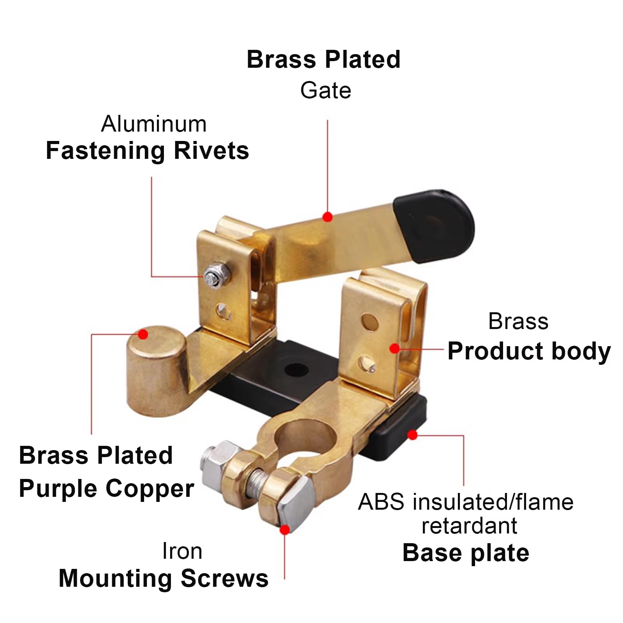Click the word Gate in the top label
coord(326,91)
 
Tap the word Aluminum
coord(154,124)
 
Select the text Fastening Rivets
coord(147,151)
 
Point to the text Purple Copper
coord(106,488)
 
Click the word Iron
coord(182,551)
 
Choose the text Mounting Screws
coord(164,578)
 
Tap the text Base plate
coord(466,553)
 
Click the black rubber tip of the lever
coord(434,226)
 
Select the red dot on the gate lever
coord(327,217)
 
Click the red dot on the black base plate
coord(412,435)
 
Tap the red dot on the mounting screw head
coord(285,530)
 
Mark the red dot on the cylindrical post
coord(143,334)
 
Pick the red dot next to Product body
coord(394,348)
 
